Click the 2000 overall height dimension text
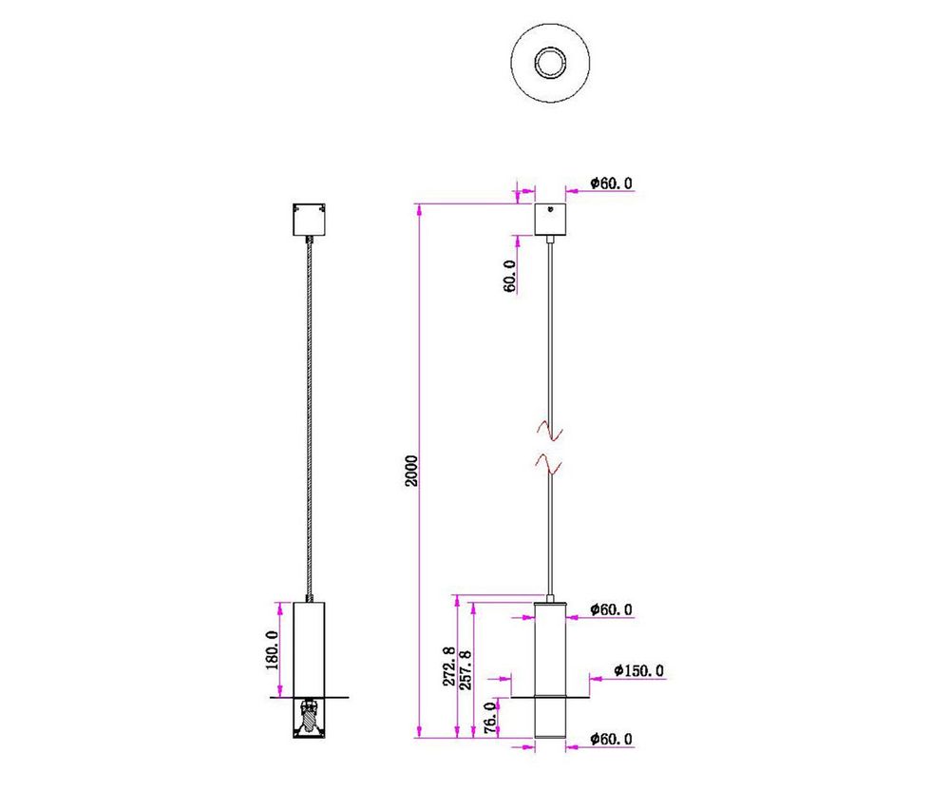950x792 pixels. (x=410, y=470)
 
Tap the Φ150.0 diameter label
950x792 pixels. (x=638, y=671)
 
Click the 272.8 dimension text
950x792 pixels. (x=447, y=667)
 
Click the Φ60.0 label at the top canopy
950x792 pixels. (x=611, y=184)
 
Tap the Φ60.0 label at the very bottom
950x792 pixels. (x=611, y=739)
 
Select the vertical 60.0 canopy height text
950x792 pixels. (x=509, y=276)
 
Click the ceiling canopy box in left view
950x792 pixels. (x=310, y=221)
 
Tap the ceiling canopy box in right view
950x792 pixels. (x=550, y=220)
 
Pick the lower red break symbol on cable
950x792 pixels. (x=550, y=463)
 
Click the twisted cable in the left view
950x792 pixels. (x=310, y=418)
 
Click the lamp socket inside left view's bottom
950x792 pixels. (x=310, y=715)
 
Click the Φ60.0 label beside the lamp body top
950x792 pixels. (x=611, y=609)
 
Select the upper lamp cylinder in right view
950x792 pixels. (x=550, y=647)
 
